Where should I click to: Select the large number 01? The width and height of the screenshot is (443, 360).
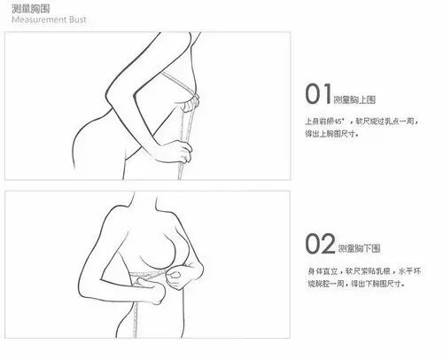pos(316,94)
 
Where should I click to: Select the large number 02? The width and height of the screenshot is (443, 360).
pos(316,243)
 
